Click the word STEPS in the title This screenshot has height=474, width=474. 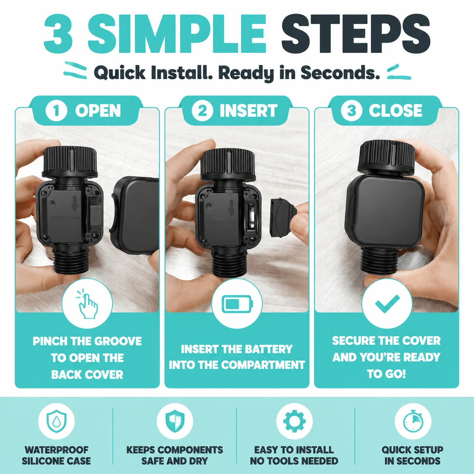point(356,34)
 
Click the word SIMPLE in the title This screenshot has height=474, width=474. point(177,34)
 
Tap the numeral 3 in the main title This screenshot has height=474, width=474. point(59,34)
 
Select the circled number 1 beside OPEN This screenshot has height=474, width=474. point(56,111)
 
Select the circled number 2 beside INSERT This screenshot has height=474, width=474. point(203,111)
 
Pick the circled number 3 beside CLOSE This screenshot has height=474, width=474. point(351,111)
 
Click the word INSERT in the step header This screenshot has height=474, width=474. point(248,111)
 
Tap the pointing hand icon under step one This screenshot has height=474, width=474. point(87,305)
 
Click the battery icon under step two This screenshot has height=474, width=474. point(237,304)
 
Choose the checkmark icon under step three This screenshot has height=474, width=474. point(387,304)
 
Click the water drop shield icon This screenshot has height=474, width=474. point(56,421)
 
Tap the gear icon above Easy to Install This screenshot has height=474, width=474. point(294,421)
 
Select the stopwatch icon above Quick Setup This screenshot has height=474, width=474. point(413,421)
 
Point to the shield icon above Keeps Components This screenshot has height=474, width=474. point(175,421)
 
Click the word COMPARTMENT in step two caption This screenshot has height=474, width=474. point(263,365)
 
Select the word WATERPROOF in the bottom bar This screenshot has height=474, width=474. point(56,450)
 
